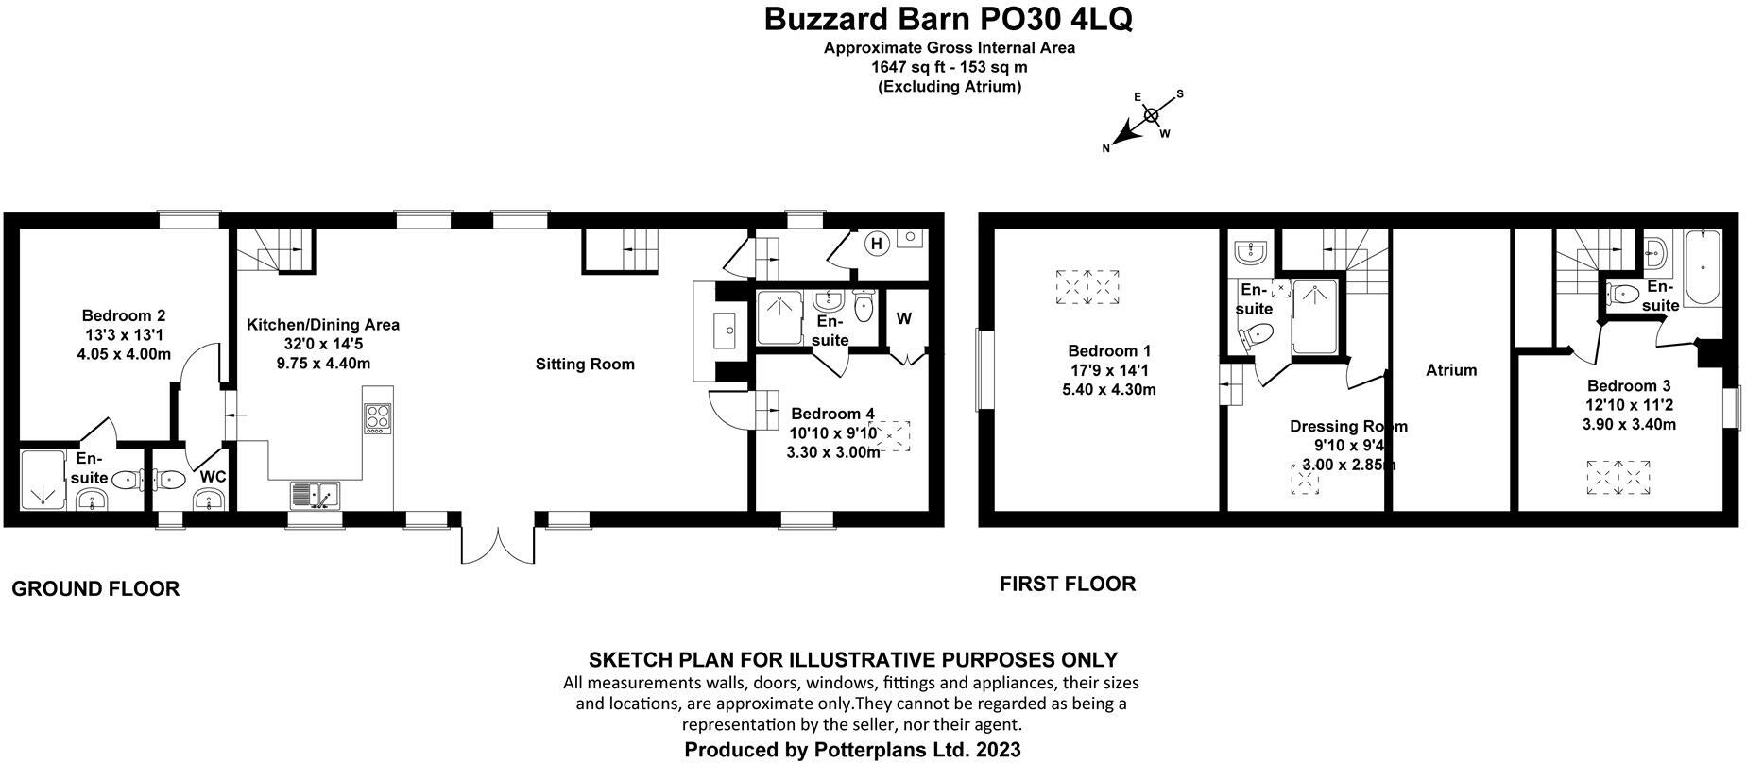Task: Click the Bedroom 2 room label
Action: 124,315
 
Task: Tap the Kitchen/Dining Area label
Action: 322,325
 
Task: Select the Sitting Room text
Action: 585,364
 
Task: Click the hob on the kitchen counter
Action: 377,416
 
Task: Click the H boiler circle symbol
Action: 876,244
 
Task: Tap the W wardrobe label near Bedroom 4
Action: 903,318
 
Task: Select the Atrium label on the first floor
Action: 1450,370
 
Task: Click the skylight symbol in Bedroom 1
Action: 1087,287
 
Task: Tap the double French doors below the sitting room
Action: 498,543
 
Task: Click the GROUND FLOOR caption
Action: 95,589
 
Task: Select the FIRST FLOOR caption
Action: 1068,584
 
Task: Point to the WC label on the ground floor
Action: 213,477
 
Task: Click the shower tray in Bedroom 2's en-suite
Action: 43,481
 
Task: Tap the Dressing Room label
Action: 1348,426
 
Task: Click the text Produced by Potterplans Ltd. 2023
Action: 852,750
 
